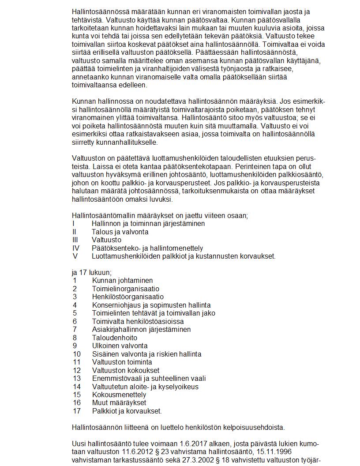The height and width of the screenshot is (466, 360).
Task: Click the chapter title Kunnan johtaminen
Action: (122, 280)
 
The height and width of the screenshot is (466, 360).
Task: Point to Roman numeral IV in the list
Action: (76, 248)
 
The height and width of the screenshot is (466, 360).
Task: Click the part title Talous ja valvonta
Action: (120, 232)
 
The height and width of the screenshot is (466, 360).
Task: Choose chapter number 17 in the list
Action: (77, 411)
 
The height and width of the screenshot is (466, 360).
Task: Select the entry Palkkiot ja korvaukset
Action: (127, 411)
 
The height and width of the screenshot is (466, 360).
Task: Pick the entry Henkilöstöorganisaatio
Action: (127, 297)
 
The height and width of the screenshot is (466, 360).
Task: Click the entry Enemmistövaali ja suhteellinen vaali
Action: (149, 378)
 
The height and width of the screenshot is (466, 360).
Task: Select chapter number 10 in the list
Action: (77, 354)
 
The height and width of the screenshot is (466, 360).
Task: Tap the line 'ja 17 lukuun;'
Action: (91, 272)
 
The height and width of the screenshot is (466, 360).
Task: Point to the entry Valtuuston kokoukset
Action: (126, 370)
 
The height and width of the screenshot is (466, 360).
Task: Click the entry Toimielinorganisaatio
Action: (126, 289)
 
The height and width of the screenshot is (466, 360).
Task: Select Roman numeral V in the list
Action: (75, 256)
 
